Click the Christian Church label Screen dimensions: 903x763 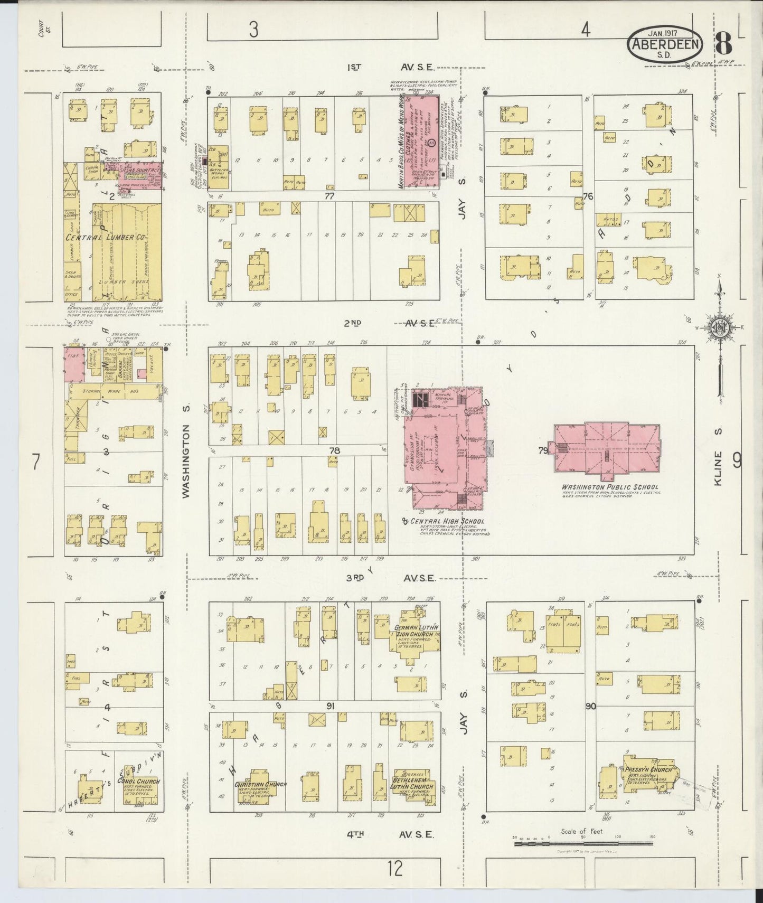pyautogui.click(x=261, y=784)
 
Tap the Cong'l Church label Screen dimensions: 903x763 pyautogui.click(x=138, y=782)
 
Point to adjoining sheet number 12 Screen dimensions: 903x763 pyautogui.click(x=394, y=868)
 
